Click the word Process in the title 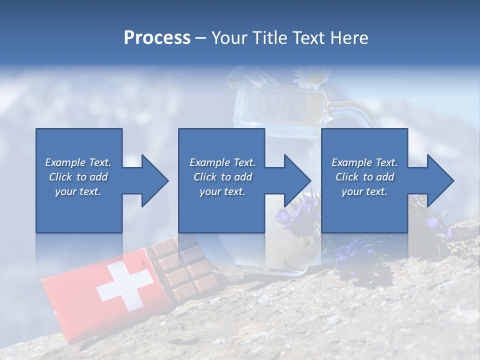coord(157,38)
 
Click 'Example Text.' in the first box coord(78,162)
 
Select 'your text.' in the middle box coord(222,191)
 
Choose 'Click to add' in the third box coord(364,177)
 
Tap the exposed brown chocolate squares coord(182,267)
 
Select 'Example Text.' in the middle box coord(222,162)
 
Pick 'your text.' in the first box coord(78,191)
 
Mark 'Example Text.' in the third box coord(364,162)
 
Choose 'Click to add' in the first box coord(78,177)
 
